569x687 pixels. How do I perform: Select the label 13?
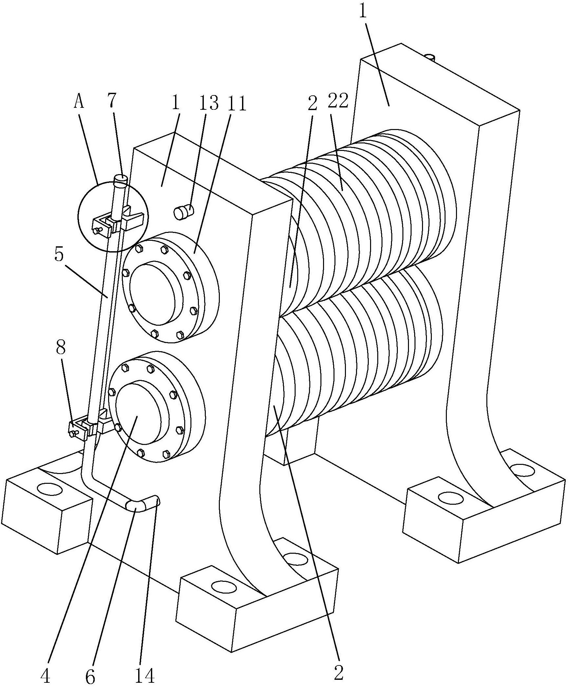click(209, 103)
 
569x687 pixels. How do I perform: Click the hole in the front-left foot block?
click(50, 490)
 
